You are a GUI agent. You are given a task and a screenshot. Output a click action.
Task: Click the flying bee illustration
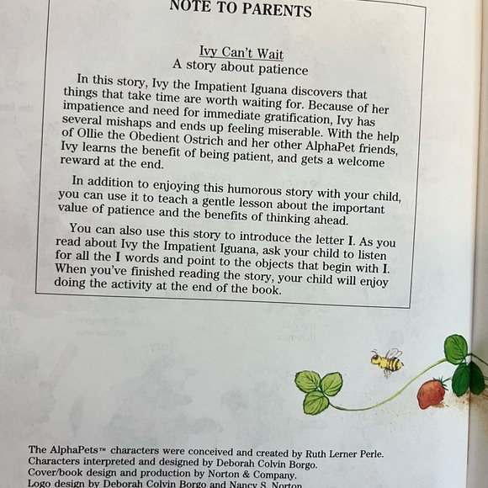coord(388,362)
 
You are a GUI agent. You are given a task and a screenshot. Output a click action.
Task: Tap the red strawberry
coord(432,392)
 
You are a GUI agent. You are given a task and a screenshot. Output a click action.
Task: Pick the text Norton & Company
coord(233,473)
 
